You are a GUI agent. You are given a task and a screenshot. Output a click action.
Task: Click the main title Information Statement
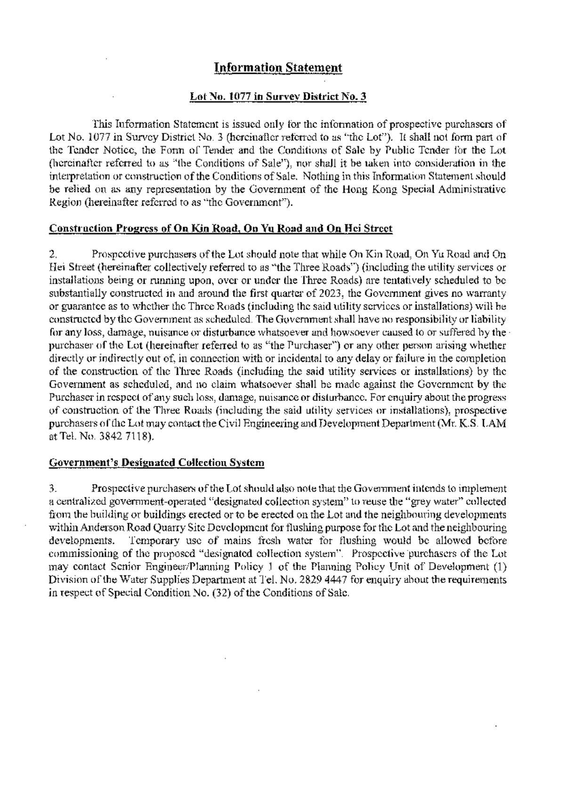[278, 68]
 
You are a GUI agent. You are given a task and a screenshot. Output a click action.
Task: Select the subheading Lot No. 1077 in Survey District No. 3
[278, 97]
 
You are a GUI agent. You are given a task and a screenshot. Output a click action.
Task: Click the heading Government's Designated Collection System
[157, 462]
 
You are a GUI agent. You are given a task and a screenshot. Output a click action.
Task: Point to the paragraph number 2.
[53, 255]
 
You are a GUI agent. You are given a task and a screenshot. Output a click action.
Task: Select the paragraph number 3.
[53, 488]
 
